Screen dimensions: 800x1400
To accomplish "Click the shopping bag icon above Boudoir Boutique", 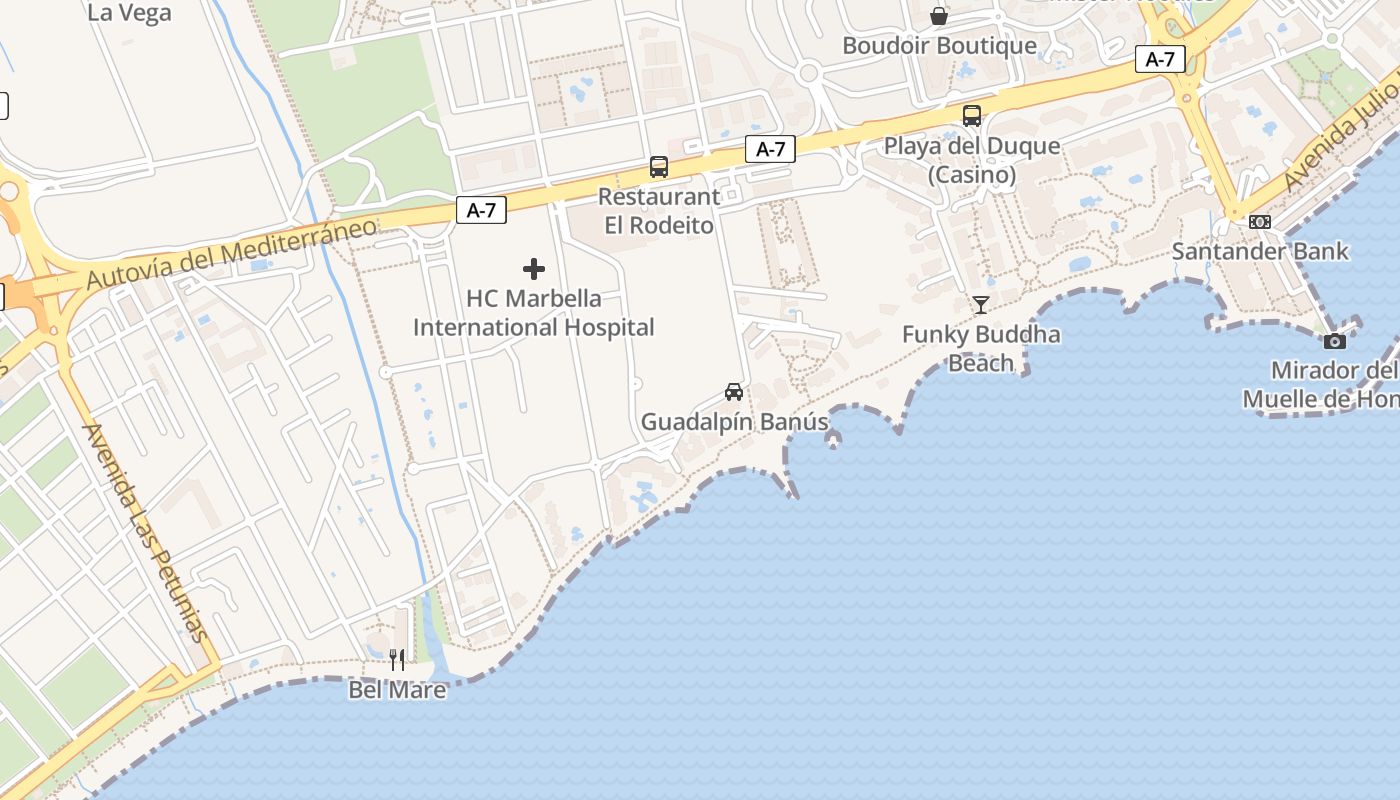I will (939, 16).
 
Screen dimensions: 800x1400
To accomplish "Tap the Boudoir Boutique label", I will (939, 46).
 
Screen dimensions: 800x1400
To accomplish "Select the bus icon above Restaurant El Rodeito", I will (659, 167).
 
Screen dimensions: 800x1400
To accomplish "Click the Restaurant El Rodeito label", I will (659, 211).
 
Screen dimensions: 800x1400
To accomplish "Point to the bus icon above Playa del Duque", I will (972, 115).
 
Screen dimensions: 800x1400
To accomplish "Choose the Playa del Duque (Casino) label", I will (972, 160).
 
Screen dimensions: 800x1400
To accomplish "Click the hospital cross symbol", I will (534, 269).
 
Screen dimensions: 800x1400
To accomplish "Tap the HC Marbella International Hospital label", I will (534, 313).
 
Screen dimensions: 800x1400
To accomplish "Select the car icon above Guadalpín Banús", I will (734, 391).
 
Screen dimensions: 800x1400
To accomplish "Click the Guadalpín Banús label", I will (734, 422).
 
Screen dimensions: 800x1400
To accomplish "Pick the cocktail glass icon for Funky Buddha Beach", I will (981, 305).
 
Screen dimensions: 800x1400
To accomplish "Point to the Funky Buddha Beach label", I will (981, 348).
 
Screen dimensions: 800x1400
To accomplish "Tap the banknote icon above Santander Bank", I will (1260, 222).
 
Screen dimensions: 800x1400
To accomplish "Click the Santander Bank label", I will (1260, 251).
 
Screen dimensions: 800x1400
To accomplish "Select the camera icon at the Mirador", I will (1334, 341).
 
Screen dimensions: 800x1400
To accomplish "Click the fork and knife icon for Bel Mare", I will (397, 660).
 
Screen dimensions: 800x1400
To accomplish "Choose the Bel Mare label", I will (397, 690).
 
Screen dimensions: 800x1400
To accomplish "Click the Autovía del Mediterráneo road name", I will (232, 253).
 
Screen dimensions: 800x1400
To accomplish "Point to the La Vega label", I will (130, 13).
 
